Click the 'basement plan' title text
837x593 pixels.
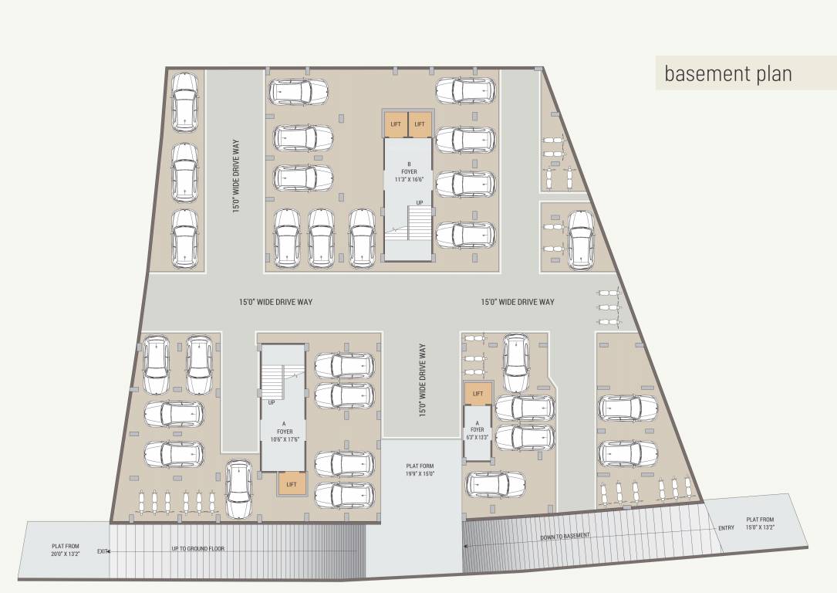pos(727,74)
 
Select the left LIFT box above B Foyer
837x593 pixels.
pos(396,124)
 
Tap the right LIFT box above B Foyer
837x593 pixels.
pos(420,124)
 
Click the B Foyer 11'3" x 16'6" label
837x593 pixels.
pos(408,171)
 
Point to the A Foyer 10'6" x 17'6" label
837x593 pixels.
pos(283,433)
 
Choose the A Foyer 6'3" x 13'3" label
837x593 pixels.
pos(478,433)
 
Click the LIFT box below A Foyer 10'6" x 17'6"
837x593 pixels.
pos(292,484)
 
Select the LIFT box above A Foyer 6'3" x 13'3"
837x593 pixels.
pos(478,394)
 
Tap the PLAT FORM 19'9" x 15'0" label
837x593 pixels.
pos(420,470)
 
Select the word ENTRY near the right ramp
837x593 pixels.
pos(726,528)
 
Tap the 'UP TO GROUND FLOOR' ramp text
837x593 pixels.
pos(197,549)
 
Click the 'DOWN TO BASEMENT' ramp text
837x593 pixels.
pos(565,536)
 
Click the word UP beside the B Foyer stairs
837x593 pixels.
pos(420,202)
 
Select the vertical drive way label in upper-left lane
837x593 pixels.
pos(237,176)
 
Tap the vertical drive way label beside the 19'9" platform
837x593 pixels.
pos(422,381)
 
